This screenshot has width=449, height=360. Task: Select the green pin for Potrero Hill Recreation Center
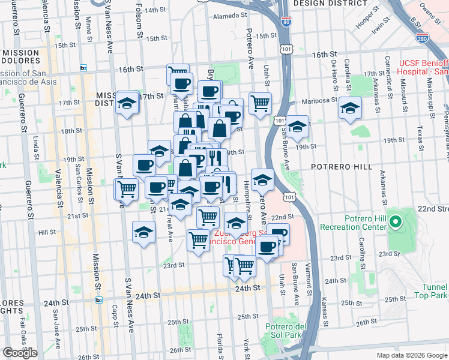(x=395, y=223)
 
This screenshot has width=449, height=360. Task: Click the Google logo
(x=20, y=353)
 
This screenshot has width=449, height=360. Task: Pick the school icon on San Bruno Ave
(x=297, y=127)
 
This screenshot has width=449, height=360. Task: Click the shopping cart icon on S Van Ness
(x=127, y=188)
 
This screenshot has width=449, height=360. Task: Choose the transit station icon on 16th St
(x=83, y=68)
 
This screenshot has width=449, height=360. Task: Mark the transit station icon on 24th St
(x=99, y=299)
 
